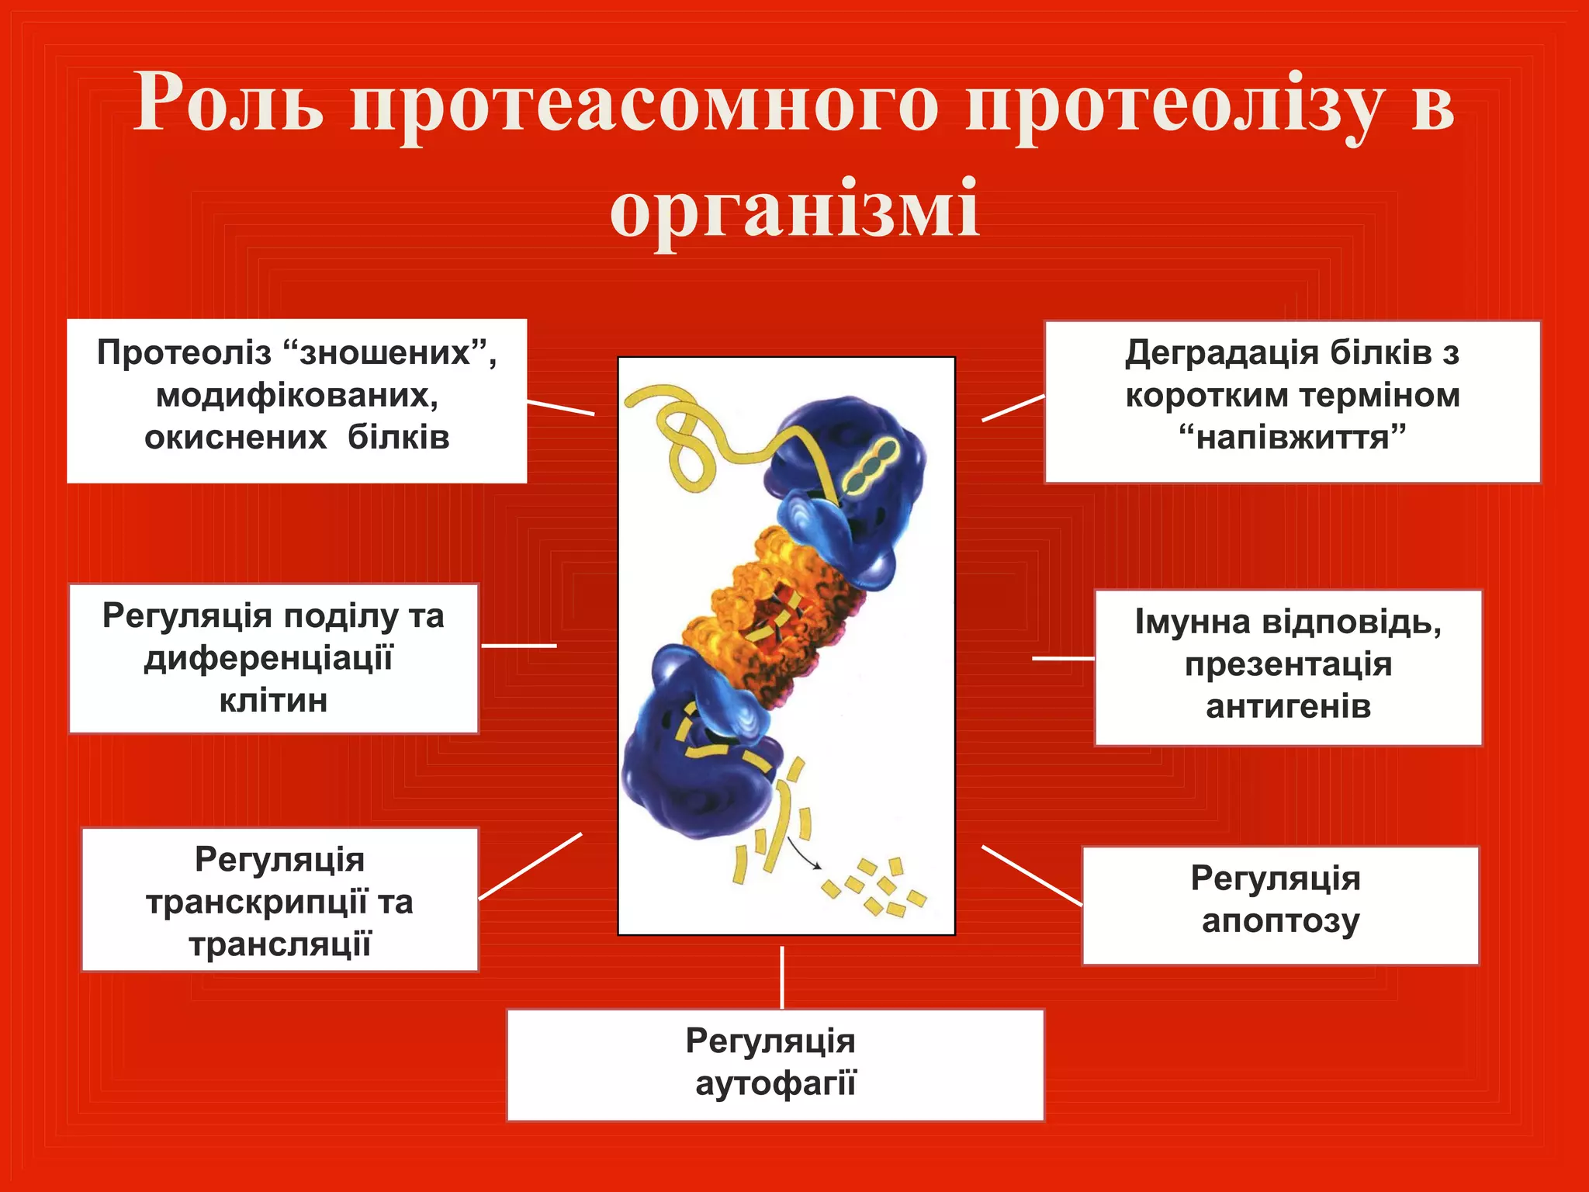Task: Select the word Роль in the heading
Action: point(228,103)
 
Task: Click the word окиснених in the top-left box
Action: point(235,438)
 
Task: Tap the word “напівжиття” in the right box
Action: point(1292,438)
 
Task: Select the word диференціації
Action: point(268,659)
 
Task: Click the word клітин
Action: point(273,701)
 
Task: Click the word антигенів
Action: point(1288,707)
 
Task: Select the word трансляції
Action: point(279,945)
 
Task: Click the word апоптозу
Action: point(1280,921)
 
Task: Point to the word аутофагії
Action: point(775,1083)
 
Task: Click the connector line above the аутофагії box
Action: point(781,977)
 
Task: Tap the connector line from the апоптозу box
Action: point(1031,875)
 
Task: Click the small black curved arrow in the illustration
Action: point(804,854)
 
